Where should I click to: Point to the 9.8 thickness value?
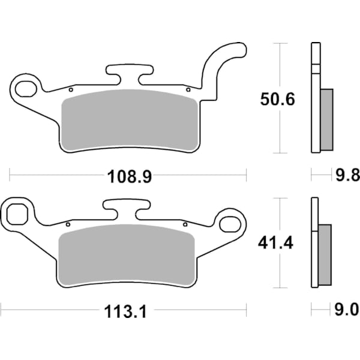click(x=346, y=176)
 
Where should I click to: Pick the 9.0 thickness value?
click(x=346, y=311)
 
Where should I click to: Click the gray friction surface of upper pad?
click(x=131, y=120)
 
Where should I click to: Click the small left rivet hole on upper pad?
click(x=71, y=90)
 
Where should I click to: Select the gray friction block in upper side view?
click(x=326, y=119)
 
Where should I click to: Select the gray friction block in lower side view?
click(x=325, y=254)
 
